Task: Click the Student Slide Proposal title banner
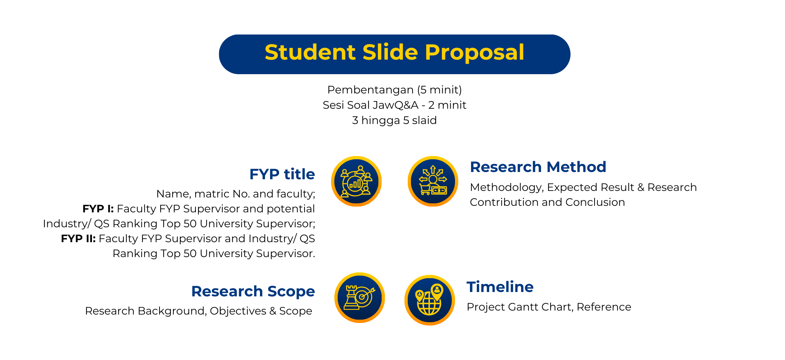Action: click(394, 54)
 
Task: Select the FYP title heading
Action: click(282, 174)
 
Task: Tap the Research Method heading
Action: click(538, 167)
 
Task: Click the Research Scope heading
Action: click(253, 291)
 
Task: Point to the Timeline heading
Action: click(500, 287)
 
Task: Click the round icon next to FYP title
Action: click(356, 181)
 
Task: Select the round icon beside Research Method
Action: click(432, 181)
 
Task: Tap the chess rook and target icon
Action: click(359, 297)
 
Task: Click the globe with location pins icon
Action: click(430, 300)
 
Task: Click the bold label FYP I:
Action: click(98, 209)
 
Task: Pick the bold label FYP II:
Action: click(78, 239)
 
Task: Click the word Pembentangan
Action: click(370, 90)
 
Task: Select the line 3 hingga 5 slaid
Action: click(394, 120)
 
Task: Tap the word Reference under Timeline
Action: click(604, 307)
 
